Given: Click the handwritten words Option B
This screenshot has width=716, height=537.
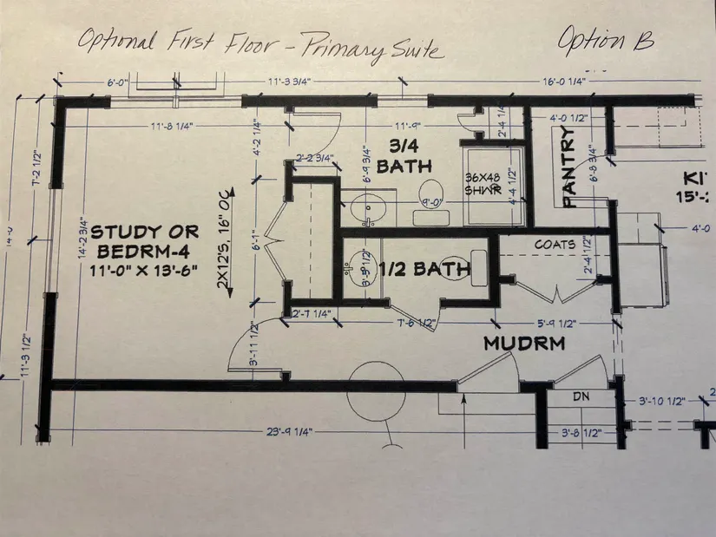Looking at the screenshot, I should (605, 40).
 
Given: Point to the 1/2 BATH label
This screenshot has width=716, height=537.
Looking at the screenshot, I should (428, 271).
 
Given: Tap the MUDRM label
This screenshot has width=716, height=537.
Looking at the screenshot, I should (523, 344).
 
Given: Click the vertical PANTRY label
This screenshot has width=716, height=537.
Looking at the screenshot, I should (569, 167).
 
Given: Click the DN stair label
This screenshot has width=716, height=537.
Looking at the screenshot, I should (582, 397).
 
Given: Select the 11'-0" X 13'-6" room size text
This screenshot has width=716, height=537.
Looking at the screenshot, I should (146, 270).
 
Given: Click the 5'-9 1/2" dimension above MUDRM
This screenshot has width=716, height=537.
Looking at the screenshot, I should (556, 324).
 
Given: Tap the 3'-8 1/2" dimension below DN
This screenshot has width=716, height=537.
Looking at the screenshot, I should (581, 430).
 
